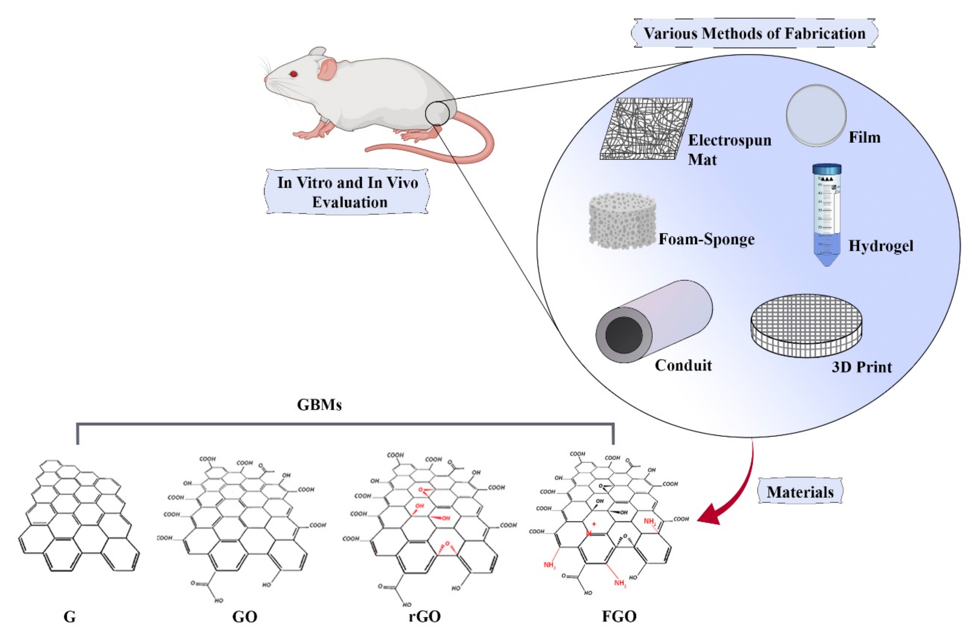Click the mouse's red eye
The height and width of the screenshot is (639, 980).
[293, 74]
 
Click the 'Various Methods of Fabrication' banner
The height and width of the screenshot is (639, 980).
[754, 33]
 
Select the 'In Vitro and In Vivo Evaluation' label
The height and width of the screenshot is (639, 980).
[347, 192]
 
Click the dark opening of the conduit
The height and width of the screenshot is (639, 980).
[624, 334]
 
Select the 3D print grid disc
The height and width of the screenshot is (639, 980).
[806, 325]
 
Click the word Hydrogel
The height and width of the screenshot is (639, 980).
[881, 246]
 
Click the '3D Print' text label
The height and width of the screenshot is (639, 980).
[861, 366]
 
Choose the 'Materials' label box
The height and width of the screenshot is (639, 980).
[800, 491]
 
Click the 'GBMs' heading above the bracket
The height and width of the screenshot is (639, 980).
[319, 405]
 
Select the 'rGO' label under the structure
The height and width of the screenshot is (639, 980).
[424, 616]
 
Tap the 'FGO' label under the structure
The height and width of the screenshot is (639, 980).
[619, 616]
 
